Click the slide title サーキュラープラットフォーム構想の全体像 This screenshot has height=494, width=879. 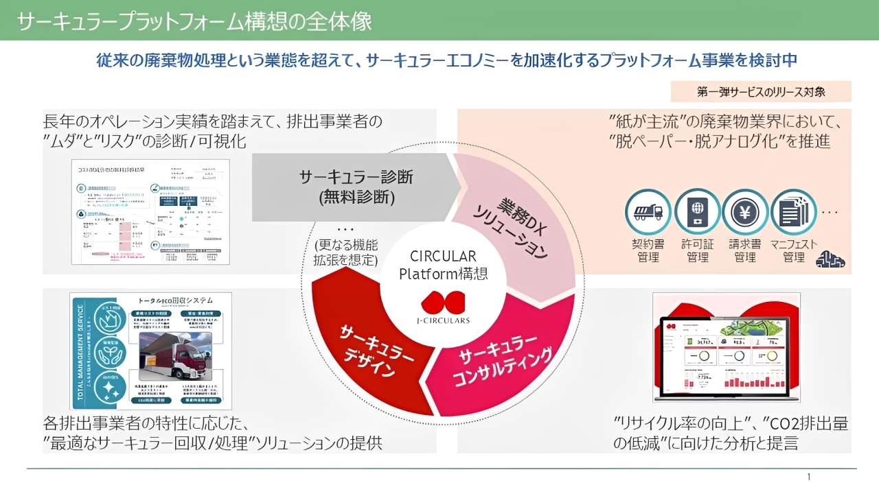pyautogui.click(x=194, y=21)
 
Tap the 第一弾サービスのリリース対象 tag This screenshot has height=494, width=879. pyautogui.click(x=761, y=92)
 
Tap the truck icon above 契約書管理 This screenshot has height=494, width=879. pyautogui.click(x=648, y=212)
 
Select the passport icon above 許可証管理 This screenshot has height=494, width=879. pyautogui.click(x=697, y=212)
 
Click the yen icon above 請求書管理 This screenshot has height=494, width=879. pyautogui.click(x=745, y=212)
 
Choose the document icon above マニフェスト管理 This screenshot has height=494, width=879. pyautogui.click(x=793, y=212)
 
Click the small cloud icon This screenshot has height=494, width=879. pyautogui.click(x=830, y=259)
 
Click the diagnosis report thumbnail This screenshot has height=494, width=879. pyautogui.click(x=150, y=212)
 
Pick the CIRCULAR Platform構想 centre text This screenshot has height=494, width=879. pyautogui.click(x=444, y=264)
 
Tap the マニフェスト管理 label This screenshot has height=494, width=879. pyautogui.click(x=793, y=251)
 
